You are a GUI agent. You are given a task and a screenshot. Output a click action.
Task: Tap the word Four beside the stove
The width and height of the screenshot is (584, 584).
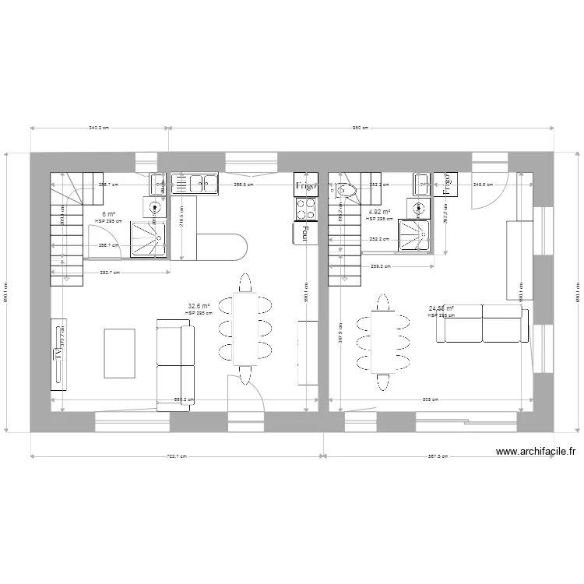(x=300, y=234)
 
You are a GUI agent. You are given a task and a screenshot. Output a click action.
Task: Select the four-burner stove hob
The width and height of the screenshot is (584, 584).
(x=305, y=209)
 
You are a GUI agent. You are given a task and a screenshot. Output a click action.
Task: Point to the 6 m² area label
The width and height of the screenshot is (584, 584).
(x=109, y=215)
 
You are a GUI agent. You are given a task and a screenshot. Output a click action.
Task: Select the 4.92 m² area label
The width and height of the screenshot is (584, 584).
(x=379, y=212)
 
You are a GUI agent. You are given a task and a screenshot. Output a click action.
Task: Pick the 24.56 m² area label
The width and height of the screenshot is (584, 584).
(x=441, y=308)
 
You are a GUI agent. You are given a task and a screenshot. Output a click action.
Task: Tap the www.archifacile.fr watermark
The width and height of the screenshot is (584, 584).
(x=535, y=451)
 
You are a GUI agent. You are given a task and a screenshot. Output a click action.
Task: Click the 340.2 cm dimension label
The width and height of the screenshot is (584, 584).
(x=99, y=128)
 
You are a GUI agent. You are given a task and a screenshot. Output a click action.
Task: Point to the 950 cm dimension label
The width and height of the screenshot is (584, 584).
(x=360, y=128)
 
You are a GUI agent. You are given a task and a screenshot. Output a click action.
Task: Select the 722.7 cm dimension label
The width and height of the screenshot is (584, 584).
(x=177, y=457)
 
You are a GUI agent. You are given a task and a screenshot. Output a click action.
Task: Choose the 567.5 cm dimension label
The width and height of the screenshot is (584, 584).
(x=439, y=457)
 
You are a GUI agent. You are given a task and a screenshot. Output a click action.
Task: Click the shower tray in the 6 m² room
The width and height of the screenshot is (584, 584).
(x=148, y=238)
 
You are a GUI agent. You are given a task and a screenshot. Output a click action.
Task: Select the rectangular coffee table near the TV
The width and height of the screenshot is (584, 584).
(x=120, y=352)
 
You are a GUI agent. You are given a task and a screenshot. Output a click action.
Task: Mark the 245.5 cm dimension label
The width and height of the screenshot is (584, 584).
(x=483, y=185)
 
